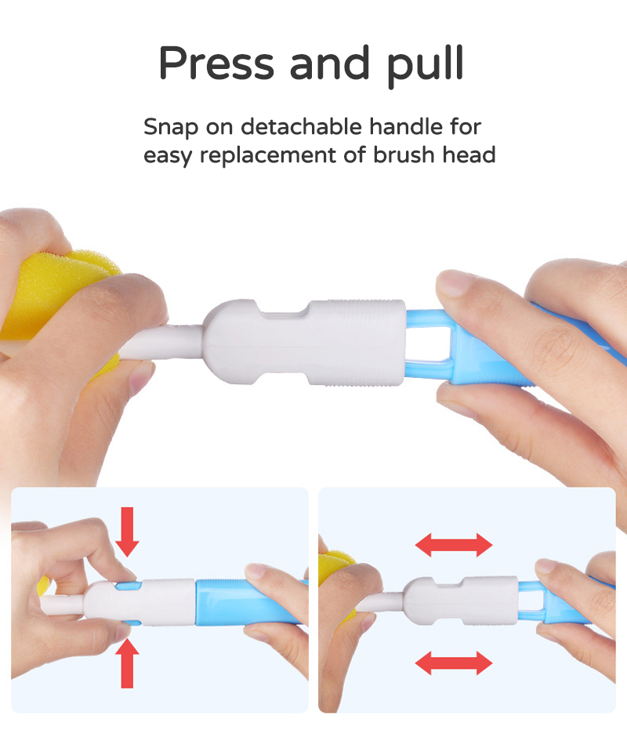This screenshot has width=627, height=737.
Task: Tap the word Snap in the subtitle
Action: [167, 126]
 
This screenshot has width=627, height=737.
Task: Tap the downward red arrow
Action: [127, 531]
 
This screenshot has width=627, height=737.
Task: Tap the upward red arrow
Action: [129, 663]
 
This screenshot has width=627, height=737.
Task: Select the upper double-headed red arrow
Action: [453, 544]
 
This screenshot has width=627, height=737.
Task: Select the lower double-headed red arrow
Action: [453, 663]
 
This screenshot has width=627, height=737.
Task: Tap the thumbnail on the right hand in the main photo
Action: [457, 281]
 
